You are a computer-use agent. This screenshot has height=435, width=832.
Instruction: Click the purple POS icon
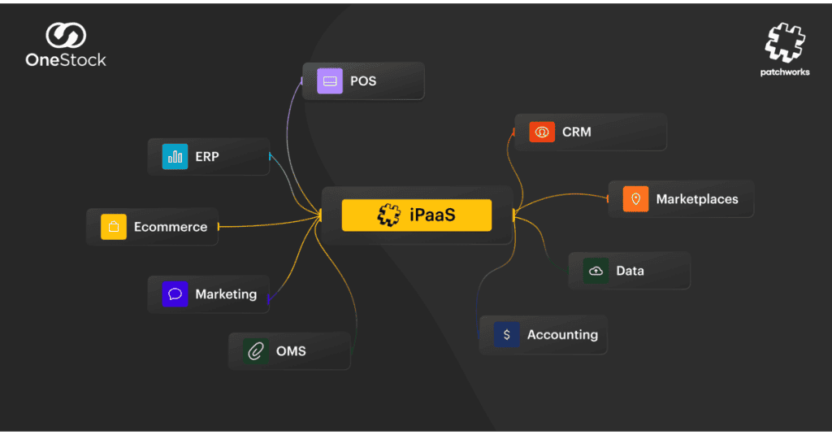[x=330, y=81]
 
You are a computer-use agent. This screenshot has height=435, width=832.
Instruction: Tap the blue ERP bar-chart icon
[x=175, y=156]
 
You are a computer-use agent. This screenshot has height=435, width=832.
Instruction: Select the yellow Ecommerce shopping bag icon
[x=114, y=227]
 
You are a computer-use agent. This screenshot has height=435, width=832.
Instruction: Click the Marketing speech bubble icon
[x=175, y=294]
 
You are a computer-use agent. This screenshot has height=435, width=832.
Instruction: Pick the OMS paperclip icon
[x=256, y=351]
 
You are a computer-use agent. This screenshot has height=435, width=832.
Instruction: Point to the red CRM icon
[x=542, y=132]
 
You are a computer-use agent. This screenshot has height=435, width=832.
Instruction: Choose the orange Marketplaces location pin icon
[x=635, y=199]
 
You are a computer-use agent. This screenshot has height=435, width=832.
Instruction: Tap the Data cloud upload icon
[x=596, y=271]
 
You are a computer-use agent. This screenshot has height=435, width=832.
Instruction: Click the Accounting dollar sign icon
[x=507, y=334]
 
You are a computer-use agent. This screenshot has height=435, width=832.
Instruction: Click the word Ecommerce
[x=171, y=227]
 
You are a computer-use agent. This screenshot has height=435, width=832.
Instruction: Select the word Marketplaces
[x=697, y=199]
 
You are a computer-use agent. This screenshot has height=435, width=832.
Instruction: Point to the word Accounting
[x=562, y=334]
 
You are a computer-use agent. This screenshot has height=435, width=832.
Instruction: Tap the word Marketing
[x=226, y=294]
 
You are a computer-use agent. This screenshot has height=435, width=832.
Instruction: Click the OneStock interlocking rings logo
[x=66, y=36]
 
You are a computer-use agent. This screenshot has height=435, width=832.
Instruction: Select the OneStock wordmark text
[x=66, y=60]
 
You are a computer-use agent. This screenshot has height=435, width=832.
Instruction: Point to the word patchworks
[x=784, y=72]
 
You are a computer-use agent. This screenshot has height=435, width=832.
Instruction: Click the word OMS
[x=291, y=351]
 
